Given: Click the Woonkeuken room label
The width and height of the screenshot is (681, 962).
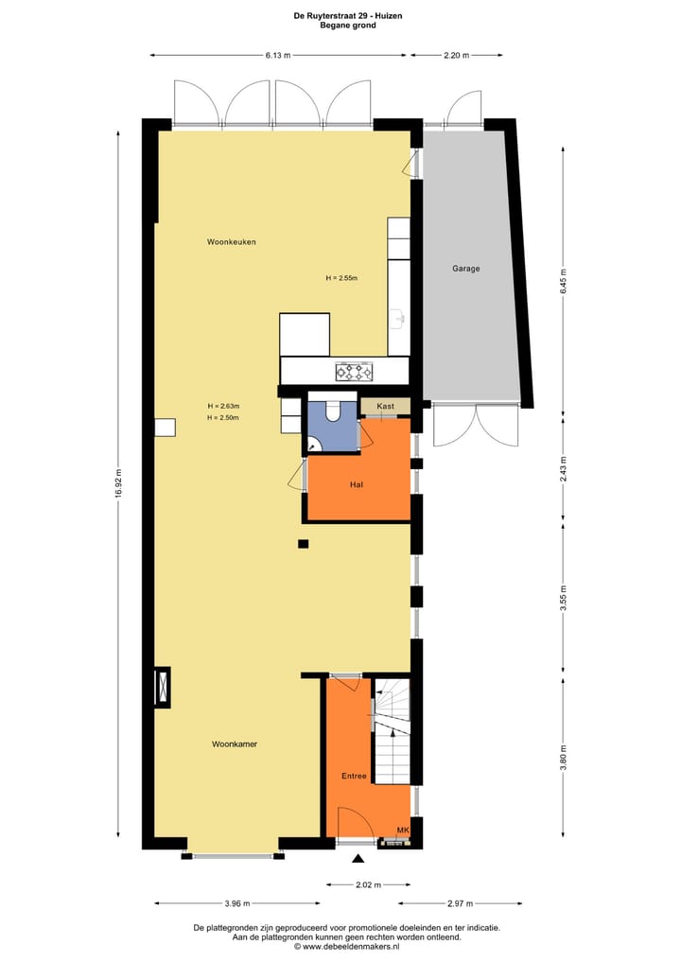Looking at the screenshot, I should point(232,242).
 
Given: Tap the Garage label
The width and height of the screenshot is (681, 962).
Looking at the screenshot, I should point(465,269).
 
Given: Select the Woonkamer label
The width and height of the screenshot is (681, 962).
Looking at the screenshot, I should point(235,744).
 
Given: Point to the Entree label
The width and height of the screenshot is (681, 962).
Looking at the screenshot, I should point(354,776).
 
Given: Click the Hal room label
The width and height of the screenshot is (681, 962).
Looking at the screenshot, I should point(357,484).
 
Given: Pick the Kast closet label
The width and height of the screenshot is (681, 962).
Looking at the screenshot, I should point(385,406).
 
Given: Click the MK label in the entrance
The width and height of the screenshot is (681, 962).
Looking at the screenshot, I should point(403,830).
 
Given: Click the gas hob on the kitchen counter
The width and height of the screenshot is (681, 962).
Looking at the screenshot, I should point(354,371).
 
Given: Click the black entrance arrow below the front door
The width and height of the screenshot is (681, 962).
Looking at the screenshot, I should point(358,859).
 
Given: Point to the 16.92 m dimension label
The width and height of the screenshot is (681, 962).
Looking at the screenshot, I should point(118,484).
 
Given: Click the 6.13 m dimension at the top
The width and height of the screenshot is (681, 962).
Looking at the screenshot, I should point(276,56).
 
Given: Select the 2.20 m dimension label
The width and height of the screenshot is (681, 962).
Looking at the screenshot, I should point(456,56).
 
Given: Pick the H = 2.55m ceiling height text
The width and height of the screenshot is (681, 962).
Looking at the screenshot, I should point(341,278).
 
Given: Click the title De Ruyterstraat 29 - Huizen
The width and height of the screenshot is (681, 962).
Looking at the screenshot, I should point(340,15).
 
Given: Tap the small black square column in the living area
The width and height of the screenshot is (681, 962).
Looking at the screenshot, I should point(303,543).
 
